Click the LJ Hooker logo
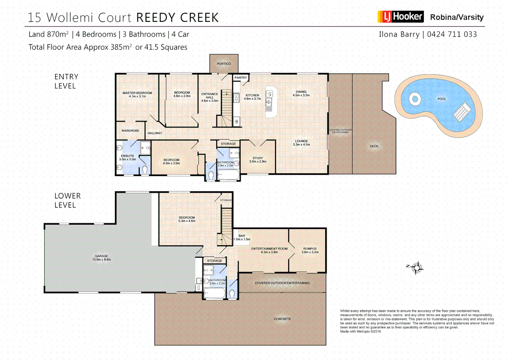pyautogui.click(x=400, y=17)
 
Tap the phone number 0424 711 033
pyautogui.click(x=452, y=34)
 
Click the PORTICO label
pyautogui.click(x=224, y=64)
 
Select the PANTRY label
pyautogui.click(x=241, y=78)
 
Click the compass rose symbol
pyautogui.click(x=416, y=268)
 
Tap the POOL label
pyautogui.click(x=441, y=99)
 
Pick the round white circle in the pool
pyautogui.click(x=415, y=99)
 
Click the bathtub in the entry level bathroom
pyautogui.click(x=228, y=175)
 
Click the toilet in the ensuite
pyautogui.click(x=145, y=170)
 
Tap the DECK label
pyautogui.click(x=374, y=146)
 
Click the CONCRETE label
pyautogui.click(x=282, y=319)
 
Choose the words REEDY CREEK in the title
pyautogui.click(x=178, y=18)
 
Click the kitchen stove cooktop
pyautogui.click(x=236, y=98)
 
